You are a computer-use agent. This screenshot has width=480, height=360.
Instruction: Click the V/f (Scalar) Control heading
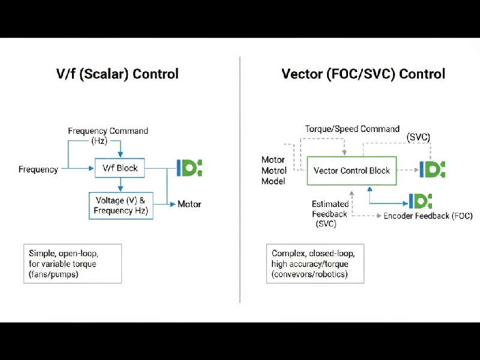click(x=117, y=74)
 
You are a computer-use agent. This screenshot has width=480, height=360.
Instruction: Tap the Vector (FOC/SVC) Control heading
click(x=363, y=74)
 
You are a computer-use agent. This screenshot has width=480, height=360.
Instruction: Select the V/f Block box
click(x=120, y=168)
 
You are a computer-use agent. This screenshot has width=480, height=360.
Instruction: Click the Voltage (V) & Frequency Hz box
click(x=121, y=205)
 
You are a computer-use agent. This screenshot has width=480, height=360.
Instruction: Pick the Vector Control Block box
click(x=352, y=170)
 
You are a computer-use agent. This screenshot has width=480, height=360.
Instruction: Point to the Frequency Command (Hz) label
click(x=108, y=136)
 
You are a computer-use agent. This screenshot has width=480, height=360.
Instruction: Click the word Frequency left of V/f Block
click(x=38, y=169)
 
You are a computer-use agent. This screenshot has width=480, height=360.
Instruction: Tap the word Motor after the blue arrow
click(x=190, y=204)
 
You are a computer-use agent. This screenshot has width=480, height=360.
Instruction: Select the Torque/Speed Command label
click(x=352, y=129)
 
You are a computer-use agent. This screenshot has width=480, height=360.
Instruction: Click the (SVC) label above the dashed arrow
click(x=418, y=137)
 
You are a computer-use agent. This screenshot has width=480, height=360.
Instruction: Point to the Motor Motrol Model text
click(x=273, y=170)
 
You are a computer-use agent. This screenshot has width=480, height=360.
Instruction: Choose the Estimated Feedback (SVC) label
click(x=329, y=214)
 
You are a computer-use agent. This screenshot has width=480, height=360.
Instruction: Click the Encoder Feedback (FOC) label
click(x=428, y=216)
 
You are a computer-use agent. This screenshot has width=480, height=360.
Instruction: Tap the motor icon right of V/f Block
click(x=190, y=167)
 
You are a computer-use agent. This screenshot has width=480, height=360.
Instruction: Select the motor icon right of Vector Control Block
click(x=433, y=170)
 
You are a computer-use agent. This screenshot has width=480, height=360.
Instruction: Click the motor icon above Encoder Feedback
click(x=421, y=201)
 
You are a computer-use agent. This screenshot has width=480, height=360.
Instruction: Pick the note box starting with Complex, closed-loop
click(x=314, y=263)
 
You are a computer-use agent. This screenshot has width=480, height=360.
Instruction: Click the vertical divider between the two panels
click(x=240, y=180)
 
